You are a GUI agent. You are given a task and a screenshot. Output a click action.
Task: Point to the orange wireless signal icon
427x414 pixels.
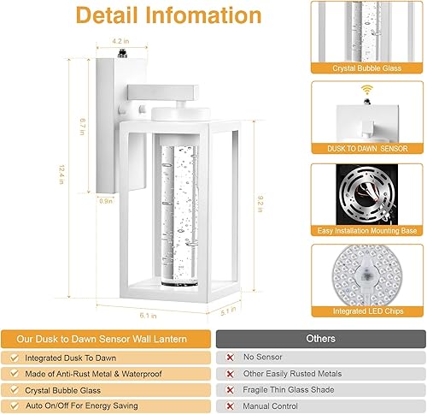tap(365, 88)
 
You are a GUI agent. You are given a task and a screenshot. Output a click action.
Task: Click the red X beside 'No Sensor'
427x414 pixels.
tap(231, 356)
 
